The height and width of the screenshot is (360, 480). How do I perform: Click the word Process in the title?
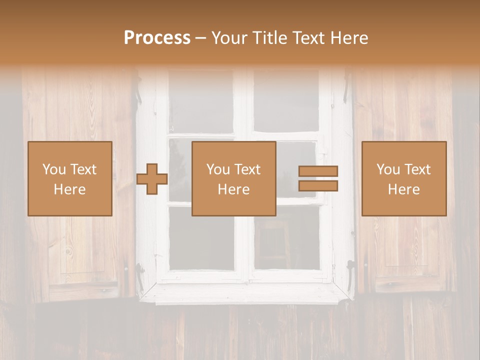coord(157,38)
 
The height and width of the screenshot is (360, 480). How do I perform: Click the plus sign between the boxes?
coord(152,179)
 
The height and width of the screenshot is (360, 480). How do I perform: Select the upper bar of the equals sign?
coord(318,171)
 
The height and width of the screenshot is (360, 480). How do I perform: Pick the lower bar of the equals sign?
coord(318,186)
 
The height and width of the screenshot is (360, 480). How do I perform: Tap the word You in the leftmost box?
coord(53,169)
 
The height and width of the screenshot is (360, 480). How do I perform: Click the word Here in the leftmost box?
coord(69,189)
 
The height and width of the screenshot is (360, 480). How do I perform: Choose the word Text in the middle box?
coord(247,169)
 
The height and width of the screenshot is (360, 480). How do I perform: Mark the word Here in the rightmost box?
coord(403,189)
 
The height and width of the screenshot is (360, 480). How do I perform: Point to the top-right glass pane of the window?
coord(286,102)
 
